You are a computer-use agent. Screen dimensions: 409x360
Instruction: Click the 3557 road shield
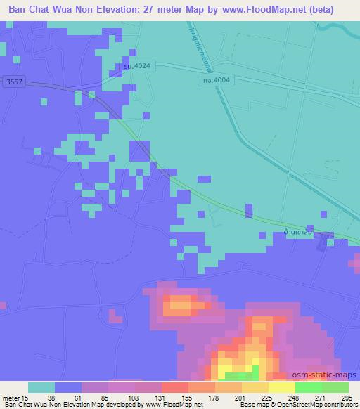[11, 82]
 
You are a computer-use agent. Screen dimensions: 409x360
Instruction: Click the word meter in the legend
[11, 397]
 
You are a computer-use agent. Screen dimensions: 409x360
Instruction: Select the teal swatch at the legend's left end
[41, 387]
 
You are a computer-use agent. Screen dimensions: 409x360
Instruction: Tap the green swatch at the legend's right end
[335, 387]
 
